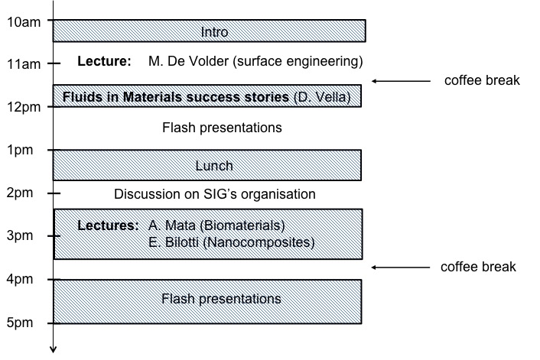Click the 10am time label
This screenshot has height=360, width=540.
24,22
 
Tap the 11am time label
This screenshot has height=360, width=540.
24,64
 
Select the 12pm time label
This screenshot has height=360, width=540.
24,107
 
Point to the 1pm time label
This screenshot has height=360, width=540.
20,150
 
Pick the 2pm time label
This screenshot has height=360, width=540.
20,193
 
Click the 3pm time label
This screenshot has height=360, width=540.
20,235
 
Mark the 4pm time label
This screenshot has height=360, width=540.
20,279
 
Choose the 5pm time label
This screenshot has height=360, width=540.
20,323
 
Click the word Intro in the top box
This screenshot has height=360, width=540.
215,32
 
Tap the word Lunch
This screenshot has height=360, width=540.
214,166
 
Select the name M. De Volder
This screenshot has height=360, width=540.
188,61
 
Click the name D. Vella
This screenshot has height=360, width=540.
322,97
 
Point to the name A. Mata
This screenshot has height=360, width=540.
172,225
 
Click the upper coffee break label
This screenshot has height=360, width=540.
482,80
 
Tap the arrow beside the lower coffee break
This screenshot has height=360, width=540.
401,267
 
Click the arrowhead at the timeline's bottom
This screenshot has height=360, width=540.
53,349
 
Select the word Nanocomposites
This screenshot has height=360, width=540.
259,242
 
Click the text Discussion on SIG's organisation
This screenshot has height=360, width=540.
215,194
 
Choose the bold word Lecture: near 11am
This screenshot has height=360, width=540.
104,61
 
